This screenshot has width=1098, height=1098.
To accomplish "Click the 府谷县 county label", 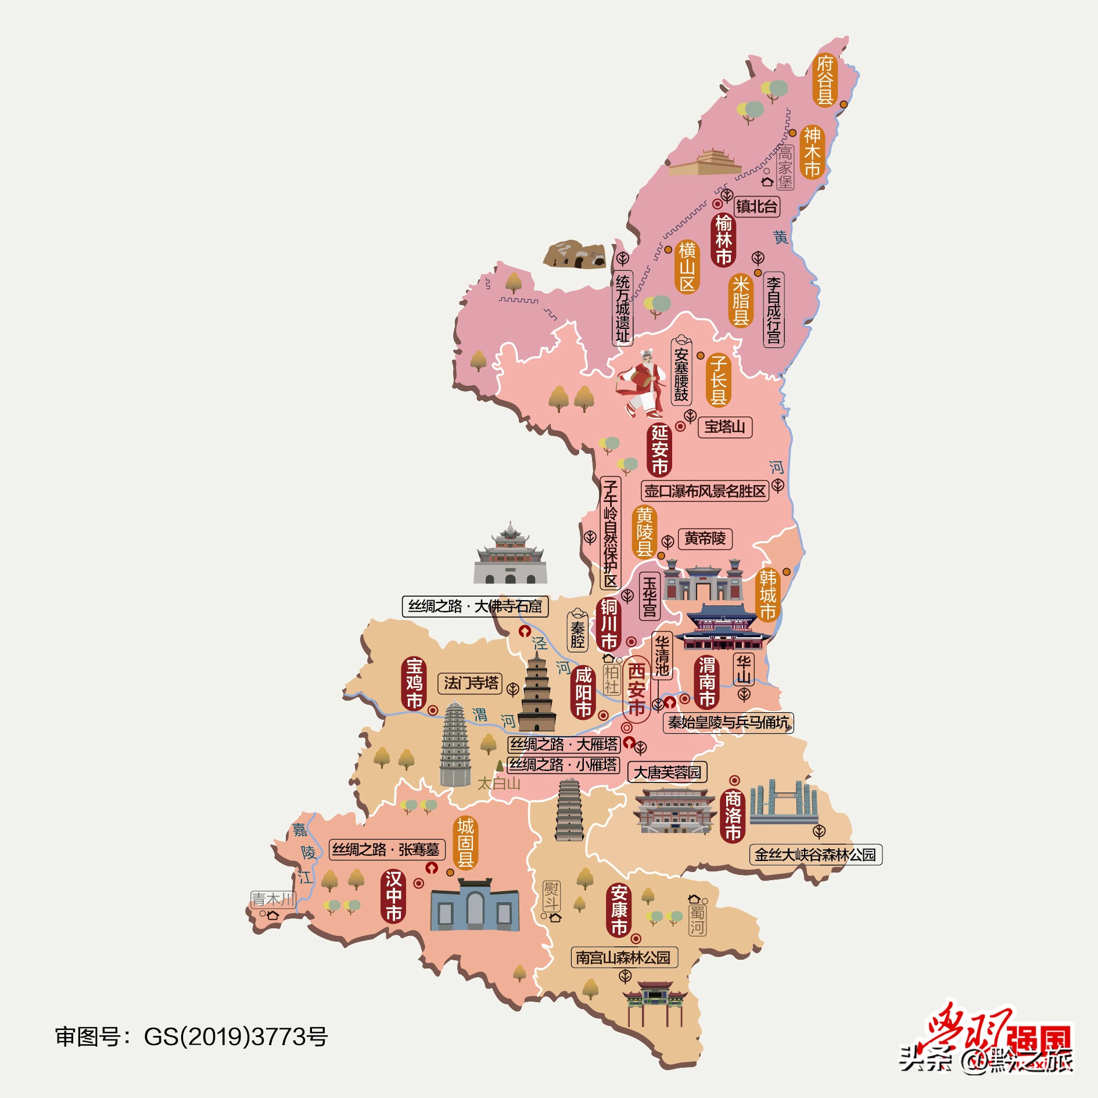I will (x=825, y=80).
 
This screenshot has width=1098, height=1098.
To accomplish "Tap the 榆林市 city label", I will (x=723, y=240).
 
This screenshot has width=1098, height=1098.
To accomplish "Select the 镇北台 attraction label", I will (x=756, y=206).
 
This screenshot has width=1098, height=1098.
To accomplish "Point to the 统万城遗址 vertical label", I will (x=622, y=308).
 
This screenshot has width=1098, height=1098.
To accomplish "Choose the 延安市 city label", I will (x=659, y=449).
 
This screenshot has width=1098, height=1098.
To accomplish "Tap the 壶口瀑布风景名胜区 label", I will (x=705, y=491).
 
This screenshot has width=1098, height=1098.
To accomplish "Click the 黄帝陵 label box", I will (x=705, y=539).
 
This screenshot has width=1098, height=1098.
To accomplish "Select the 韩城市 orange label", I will (x=767, y=594).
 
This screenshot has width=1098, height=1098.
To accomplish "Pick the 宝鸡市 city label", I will (x=414, y=683).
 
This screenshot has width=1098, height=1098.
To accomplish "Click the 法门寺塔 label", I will (x=470, y=683).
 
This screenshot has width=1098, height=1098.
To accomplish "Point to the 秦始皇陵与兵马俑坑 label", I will (x=728, y=723).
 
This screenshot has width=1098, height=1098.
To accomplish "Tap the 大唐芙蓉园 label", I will (x=667, y=773).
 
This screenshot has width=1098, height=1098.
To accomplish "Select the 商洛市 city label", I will (x=733, y=816).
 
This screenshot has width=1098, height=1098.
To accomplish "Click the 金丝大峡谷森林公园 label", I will (x=815, y=855).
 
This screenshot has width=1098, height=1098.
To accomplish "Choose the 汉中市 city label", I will (x=394, y=896).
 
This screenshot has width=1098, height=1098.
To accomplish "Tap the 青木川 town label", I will (x=272, y=899).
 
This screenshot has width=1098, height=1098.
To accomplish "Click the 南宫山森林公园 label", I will (x=623, y=957).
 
